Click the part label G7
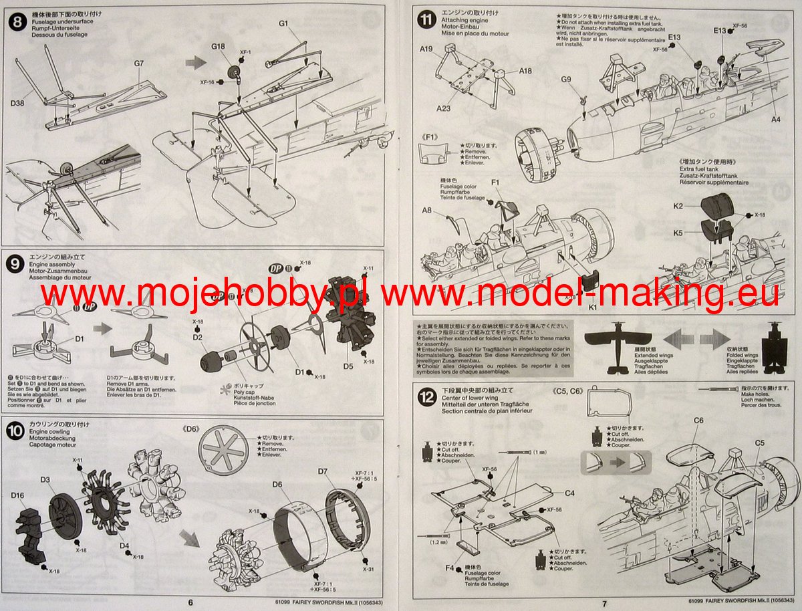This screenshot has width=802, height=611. coord(139,63)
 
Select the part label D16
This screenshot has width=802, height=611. coord(18,495)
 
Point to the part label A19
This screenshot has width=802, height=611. coord(427,48)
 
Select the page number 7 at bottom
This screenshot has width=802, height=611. coord(604,603)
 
